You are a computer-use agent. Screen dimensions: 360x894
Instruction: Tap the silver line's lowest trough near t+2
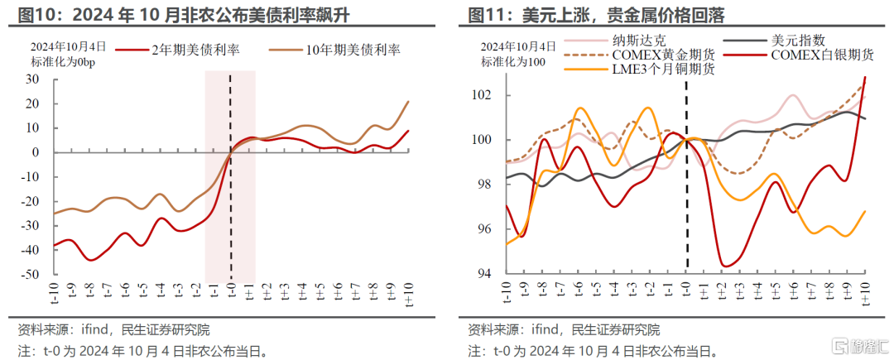click(727, 266)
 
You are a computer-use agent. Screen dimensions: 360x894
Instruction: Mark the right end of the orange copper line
click(865, 211)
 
